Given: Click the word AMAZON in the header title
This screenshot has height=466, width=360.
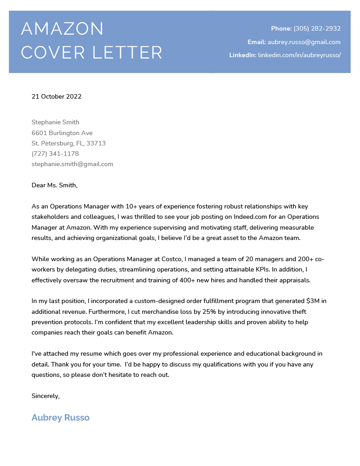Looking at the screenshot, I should pyautogui.click(x=62, y=29).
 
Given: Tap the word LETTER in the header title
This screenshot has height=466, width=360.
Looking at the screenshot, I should pyautogui.click(x=127, y=53).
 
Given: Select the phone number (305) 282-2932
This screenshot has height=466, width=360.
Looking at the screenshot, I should pyautogui.click(x=317, y=29).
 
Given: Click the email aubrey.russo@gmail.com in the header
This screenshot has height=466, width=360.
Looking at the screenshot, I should pyautogui.click(x=304, y=42).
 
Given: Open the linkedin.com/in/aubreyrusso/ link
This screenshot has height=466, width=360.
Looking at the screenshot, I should pyautogui.click(x=299, y=55).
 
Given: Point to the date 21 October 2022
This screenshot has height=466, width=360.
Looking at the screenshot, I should pyautogui.click(x=56, y=96).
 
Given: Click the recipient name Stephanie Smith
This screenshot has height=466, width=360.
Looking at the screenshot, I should pyautogui.click(x=55, y=122).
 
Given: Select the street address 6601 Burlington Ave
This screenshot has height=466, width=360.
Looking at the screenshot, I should pyautogui.click(x=62, y=133).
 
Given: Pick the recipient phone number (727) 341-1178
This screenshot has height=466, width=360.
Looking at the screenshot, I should pyautogui.click(x=55, y=154).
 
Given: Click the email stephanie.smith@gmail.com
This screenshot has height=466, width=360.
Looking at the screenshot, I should pyautogui.click(x=72, y=164).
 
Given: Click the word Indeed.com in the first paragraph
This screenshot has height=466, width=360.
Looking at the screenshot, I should pyautogui.click(x=241, y=217).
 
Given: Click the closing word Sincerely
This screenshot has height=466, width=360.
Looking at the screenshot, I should pyautogui.click(x=45, y=396).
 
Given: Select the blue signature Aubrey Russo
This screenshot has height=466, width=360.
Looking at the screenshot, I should pyautogui.click(x=60, y=418).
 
